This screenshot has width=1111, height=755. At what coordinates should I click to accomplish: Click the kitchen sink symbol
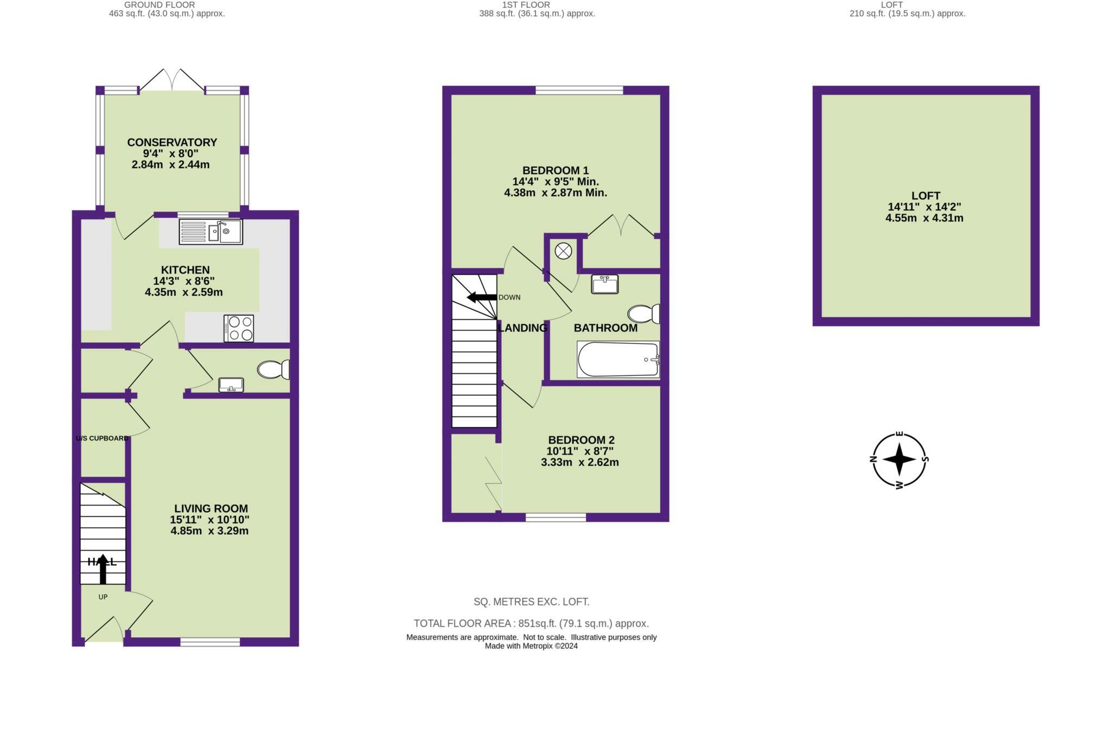pyautogui.click(x=211, y=232)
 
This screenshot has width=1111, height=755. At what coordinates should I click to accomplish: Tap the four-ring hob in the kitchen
pyautogui.click(x=239, y=328)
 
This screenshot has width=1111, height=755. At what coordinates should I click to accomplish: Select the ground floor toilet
pyautogui.click(x=273, y=370)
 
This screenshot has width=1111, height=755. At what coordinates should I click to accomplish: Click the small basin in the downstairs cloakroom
pyautogui.click(x=232, y=385)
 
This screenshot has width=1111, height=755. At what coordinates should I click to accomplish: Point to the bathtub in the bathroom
pyautogui.click(x=618, y=360)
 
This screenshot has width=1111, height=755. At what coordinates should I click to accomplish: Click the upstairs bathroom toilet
pyautogui.click(x=643, y=313)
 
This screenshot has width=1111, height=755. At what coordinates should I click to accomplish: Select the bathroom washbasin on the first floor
pyautogui.click(x=604, y=284)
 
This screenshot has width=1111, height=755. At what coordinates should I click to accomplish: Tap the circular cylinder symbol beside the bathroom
pyautogui.click(x=564, y=251)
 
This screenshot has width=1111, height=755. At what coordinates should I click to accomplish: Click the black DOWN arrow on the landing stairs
pyautogui.click(x=482, y=297)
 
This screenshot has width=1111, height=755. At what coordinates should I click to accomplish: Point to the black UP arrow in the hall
pyautogui.click(x=103, y=569)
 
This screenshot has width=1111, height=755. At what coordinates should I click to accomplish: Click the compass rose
pyautogui.click(x=899, y=459)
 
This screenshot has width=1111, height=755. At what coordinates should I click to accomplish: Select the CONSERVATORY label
pyautogui.click(x=172, y=142)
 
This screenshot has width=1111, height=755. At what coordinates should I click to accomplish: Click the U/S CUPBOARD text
pyautogui.click(x=102, y=438)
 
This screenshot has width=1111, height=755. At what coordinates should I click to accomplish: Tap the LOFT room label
pyautogui.click(x=925, y=196)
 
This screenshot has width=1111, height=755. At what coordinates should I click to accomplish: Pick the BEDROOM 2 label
pyautogui.click(x=581, y=440)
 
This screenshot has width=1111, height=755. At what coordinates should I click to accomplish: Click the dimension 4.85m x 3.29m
pyautogui.click(x=209, y=531)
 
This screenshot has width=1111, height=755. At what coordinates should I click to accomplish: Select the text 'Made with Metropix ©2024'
pyautogui.click(x=531, y=646)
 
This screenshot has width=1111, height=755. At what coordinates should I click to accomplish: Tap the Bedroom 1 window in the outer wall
pyautogui.click(x=579, y=90)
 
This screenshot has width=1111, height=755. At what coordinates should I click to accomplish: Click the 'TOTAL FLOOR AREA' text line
pyautogui.click(x=531, y=623)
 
